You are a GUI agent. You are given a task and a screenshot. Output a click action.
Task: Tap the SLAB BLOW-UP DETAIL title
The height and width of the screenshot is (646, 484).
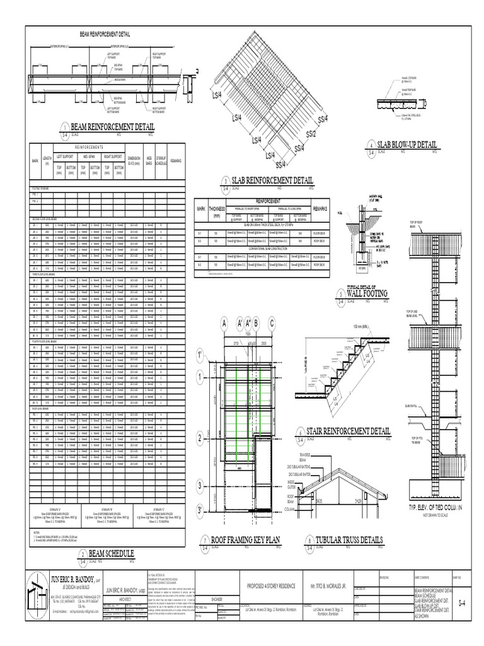pyautogui.click(x=404, y=146)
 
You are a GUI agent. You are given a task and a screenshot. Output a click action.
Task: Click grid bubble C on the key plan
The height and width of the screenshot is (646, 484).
pyautogui.click(x=272, y=324)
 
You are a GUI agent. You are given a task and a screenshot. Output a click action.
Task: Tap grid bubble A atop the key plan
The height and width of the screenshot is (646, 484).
pyautogui.click(x=222, y=324)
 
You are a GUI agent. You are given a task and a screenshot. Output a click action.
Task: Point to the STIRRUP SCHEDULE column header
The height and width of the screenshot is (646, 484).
pyautogui.click(x=161, y=160)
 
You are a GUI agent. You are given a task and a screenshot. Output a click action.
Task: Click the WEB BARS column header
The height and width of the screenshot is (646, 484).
pyautogui.click(x=149, y=160)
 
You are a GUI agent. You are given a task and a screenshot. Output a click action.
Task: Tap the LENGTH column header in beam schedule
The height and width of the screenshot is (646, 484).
pyautogui.click(x=47, y=160)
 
